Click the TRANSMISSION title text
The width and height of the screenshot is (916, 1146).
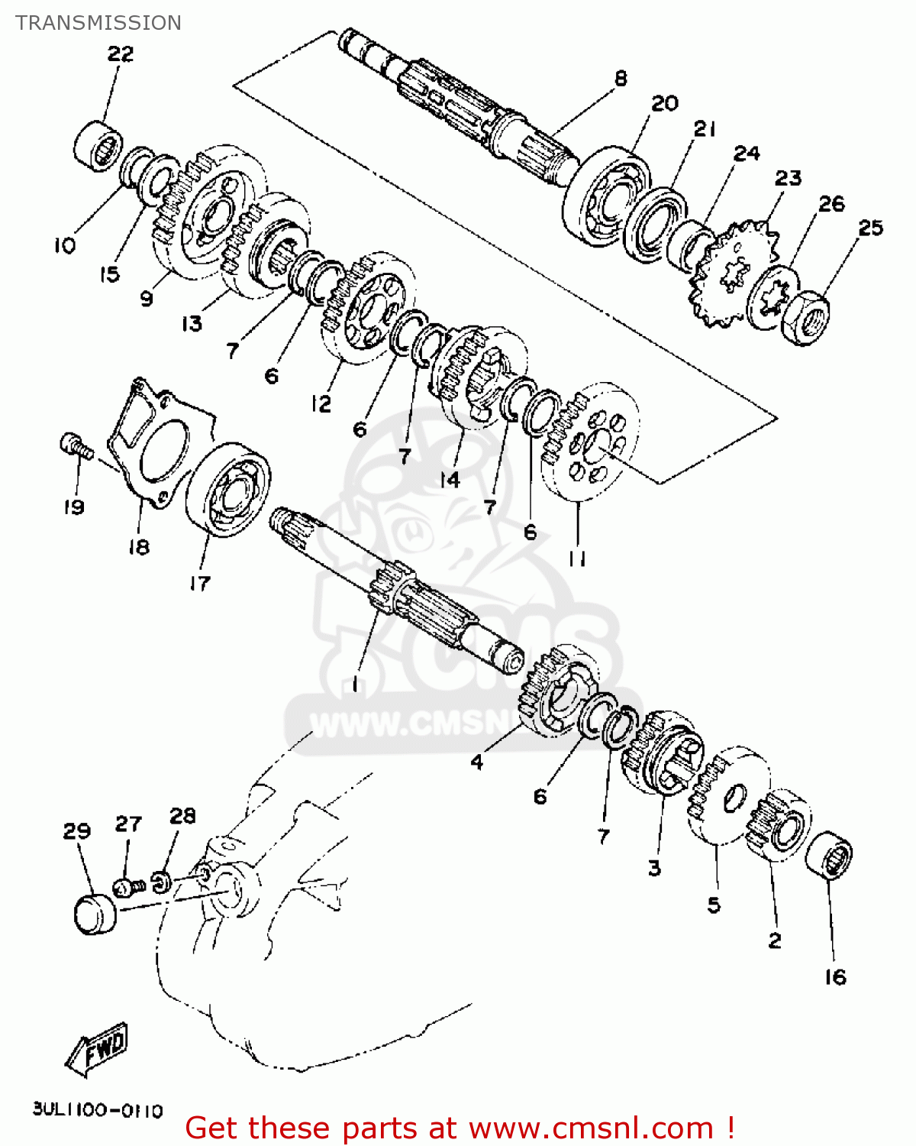point(98,23)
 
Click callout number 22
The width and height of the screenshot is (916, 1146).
point(120,54)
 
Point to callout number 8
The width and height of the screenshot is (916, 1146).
point(621,78)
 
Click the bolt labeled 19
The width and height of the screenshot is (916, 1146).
point(75,446)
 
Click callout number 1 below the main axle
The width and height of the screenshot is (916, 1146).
point(354,685)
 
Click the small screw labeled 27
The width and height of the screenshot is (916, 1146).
point(128,887)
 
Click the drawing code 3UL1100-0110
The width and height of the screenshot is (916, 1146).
point(98,1110)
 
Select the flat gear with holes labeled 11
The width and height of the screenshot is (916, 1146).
point(589,443)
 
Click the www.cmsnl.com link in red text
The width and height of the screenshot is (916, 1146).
point(590,1128)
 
